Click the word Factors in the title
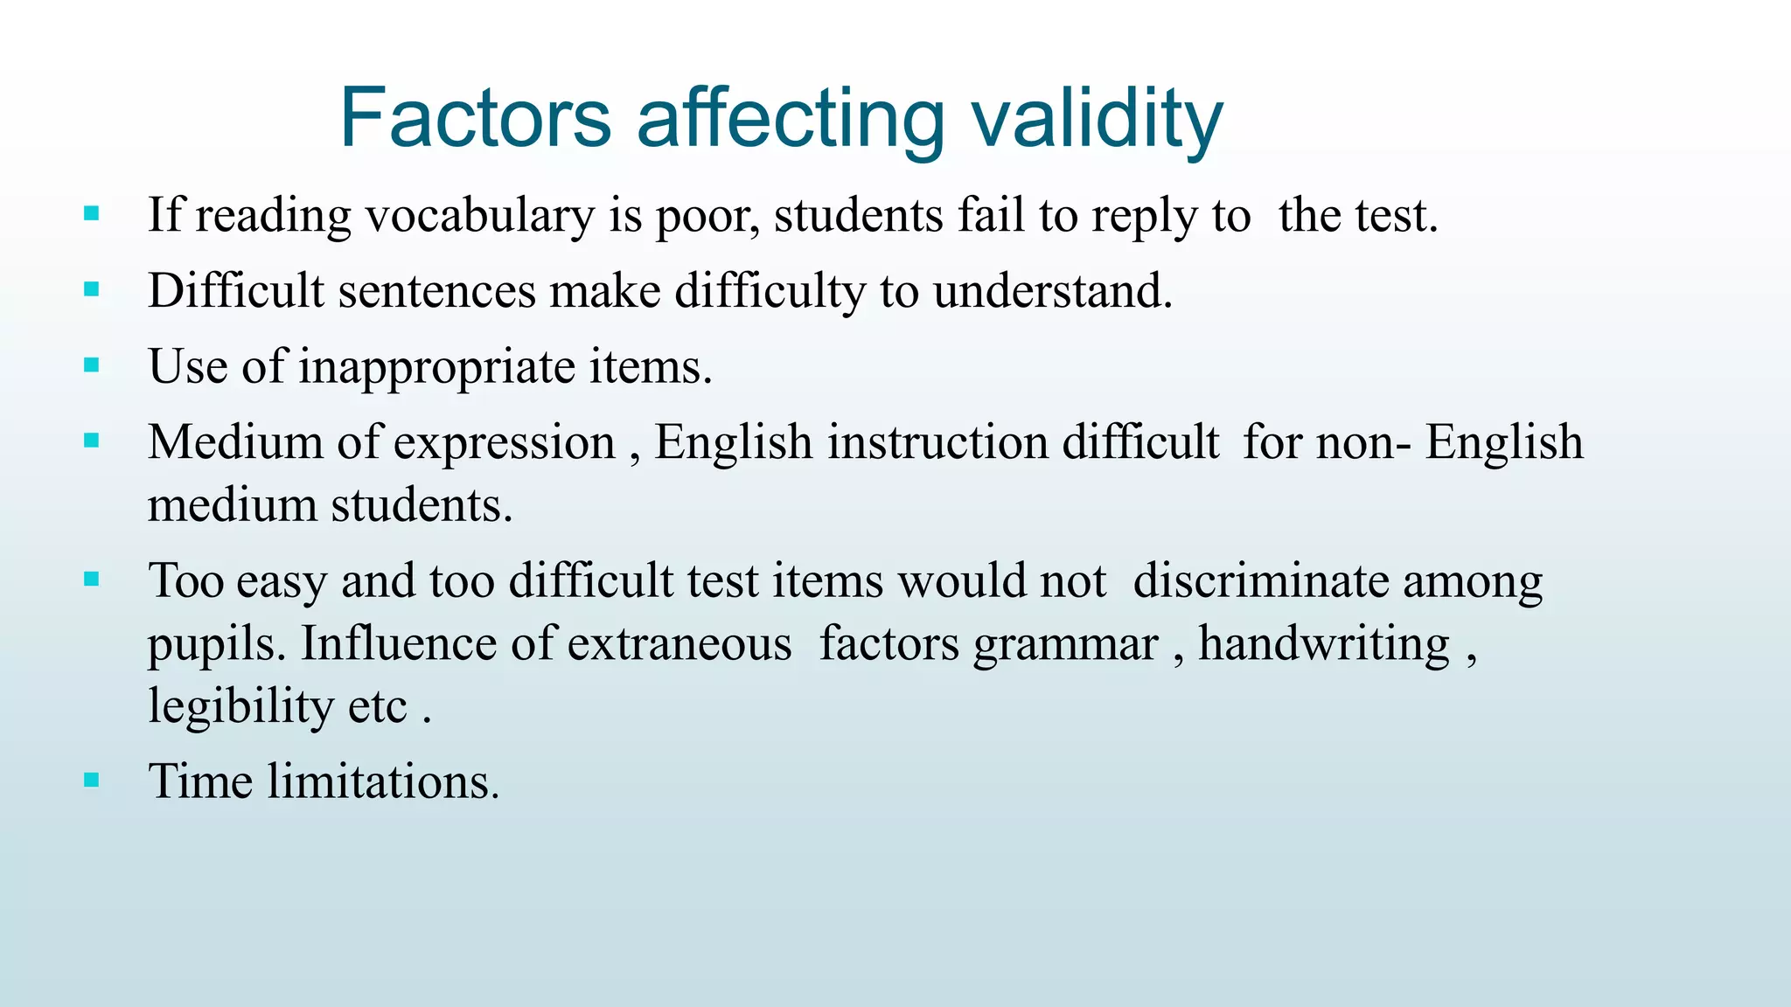(x=475, y=118)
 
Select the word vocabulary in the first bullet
(x=479, y=215)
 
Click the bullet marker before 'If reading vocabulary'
(x=92, y=213)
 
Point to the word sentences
(x=436, y=290)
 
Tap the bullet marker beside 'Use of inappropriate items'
(x=92, y=365)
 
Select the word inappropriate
(x=436, y=366)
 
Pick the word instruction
(x=937, y=441)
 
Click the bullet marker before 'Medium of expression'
(x=92, y=441)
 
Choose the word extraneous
(x=679, y=644)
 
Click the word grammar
(x=1065, y=646)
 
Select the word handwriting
(x=1324, y=644)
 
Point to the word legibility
(x=240, y=706)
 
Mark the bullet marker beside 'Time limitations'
(x=92, y=780)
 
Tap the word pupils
(x=216, y=646)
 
